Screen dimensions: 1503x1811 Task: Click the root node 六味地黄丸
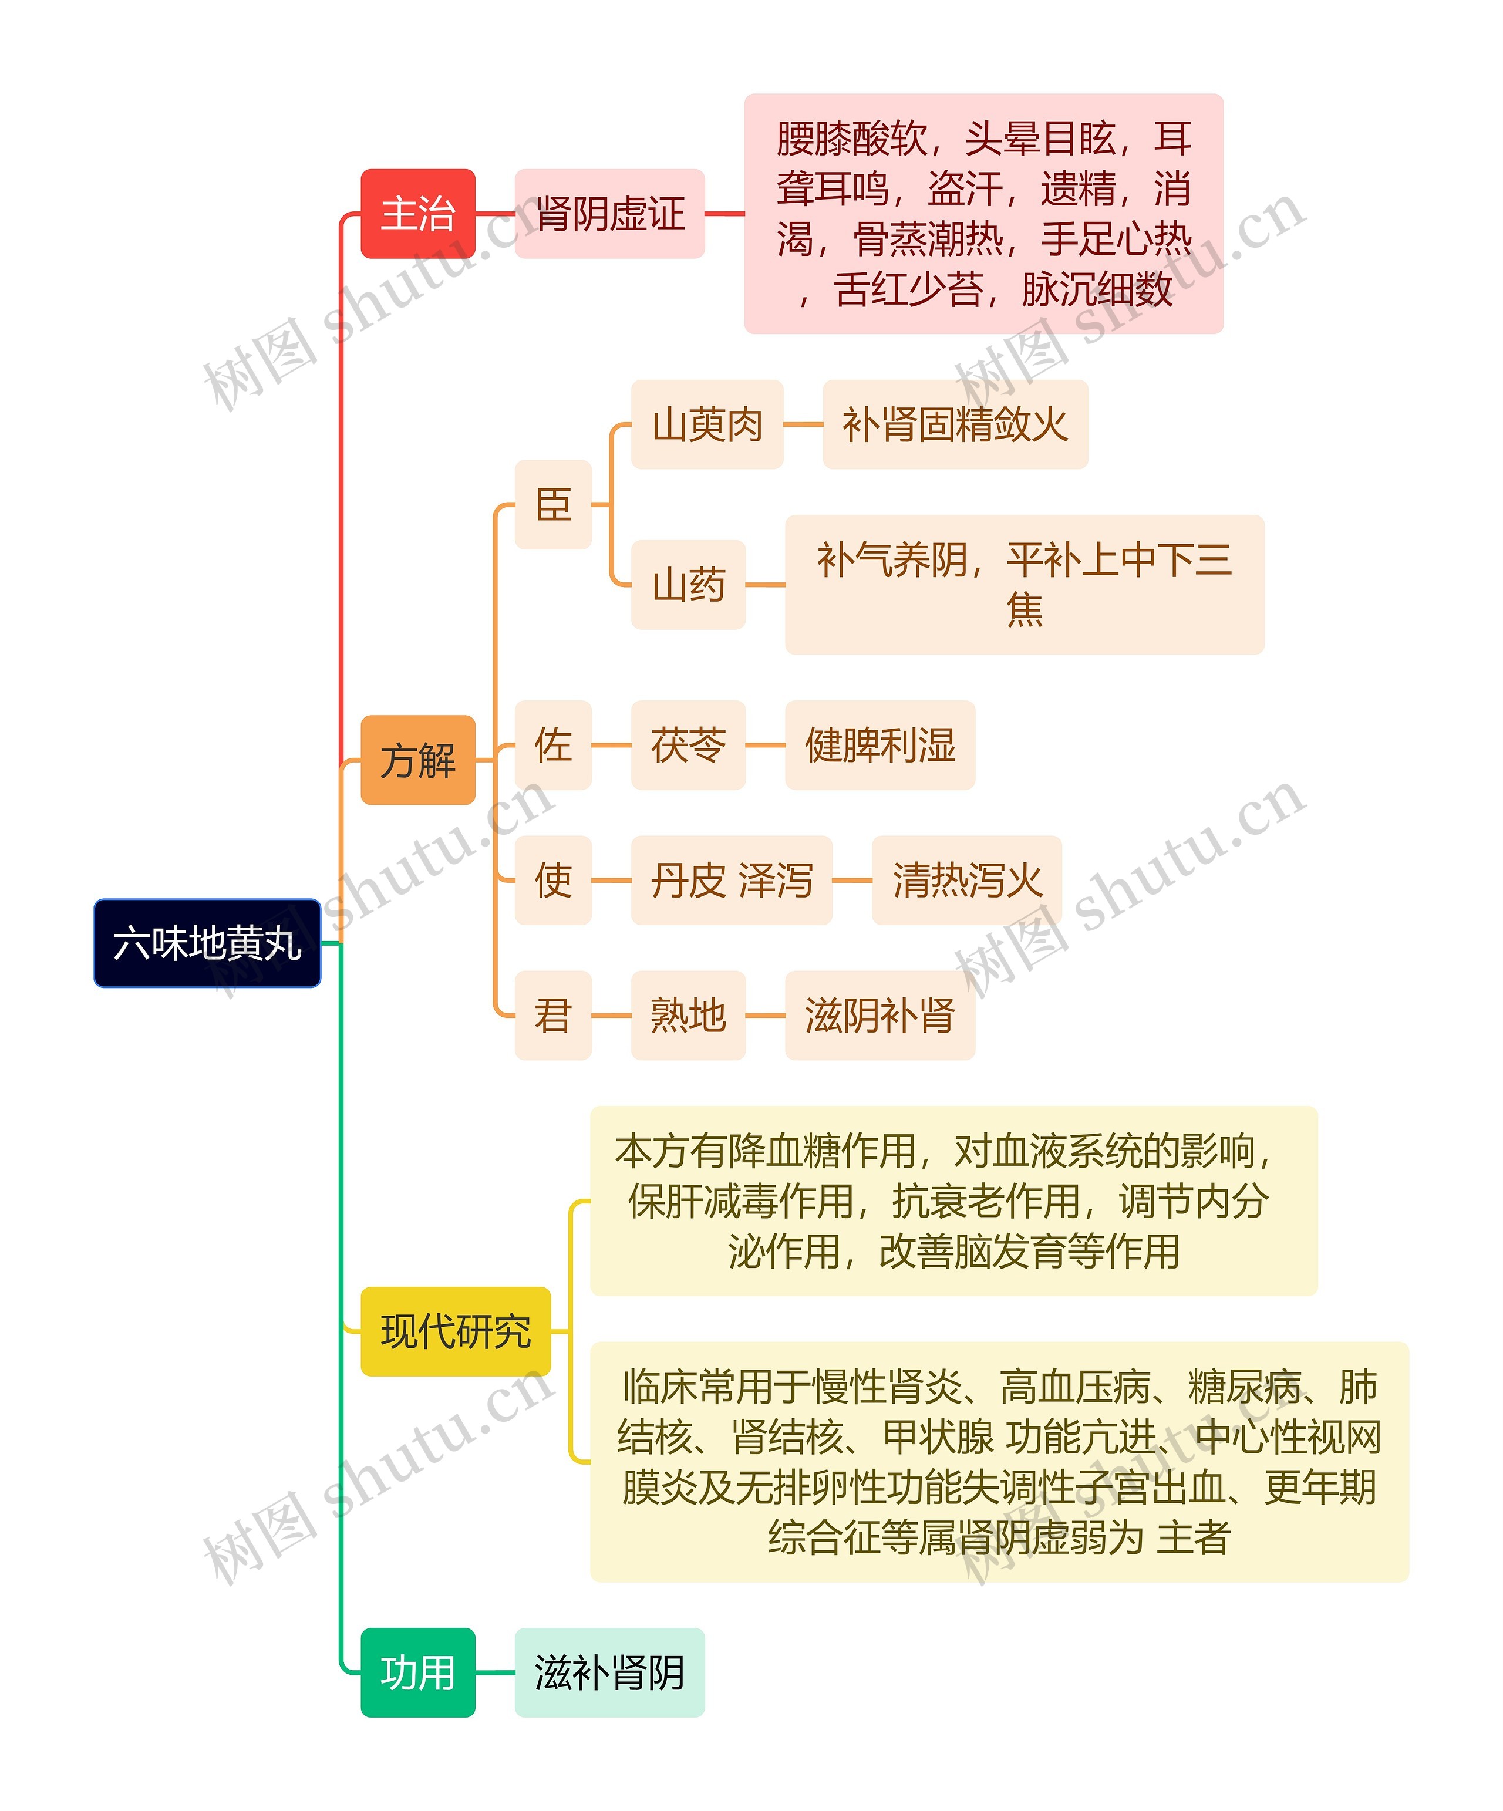tap(207, 943)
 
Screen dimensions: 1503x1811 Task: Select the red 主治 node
tap(417, 214)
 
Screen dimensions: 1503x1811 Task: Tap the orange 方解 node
tap(417, 760)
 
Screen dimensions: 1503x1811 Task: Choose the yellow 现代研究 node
tap(455, 1331)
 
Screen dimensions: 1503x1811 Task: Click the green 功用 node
tap(417, 1672)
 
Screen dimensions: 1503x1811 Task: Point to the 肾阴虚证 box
tap(609, 214)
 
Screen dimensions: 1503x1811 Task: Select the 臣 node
tap(552, 504)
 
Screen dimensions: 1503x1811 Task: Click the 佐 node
tap(552, 745)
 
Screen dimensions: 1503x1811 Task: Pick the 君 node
tap(552, 1015)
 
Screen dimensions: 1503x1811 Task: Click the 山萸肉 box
tap(707, 424)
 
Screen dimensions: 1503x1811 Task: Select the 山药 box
tap(688, 585)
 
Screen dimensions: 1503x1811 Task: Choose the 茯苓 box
tap(688, 745)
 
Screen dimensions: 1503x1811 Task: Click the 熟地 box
tap(688, 1015)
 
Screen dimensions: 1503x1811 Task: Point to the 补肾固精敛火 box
tap(955, 424)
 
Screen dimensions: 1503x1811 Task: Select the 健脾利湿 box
tap(879, 745)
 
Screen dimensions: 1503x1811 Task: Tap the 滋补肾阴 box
tap(609, 1672)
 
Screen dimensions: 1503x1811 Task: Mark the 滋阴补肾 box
tap(879, 1015)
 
